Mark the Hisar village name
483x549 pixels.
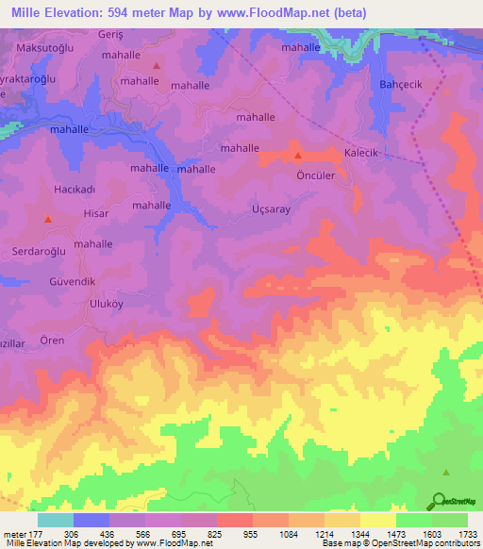point(96,214)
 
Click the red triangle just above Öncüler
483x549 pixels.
point(299,156)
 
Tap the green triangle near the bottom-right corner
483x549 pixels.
point(447,473)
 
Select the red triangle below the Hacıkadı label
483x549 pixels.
point(47,219)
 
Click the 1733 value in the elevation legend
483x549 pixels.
point(463,533)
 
